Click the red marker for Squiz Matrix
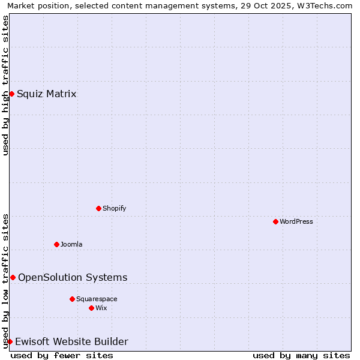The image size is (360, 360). click(11, 94)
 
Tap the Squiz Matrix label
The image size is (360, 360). click(46, 94)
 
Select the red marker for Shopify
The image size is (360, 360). click(98, 208)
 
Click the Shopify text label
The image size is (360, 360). click(114, 208)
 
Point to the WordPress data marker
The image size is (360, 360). click(275, 221)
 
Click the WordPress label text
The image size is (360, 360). click(296, 221)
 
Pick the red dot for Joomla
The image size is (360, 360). click(56, 244)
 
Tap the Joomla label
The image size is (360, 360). click(71, 244)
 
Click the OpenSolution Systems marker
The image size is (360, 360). click(13, 277)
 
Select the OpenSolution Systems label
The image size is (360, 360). click(73, 277)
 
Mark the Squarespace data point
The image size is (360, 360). click(72, 299)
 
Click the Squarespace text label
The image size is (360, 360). click(97, 299)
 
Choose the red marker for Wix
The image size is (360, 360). click(91, 308)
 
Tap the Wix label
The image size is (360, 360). click(101, 308)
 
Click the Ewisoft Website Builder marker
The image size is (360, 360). click(10, 341)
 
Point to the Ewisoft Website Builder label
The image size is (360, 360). click(71, 341)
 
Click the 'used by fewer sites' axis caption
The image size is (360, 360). click(62, 355)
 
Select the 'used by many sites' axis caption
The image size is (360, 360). click(301, 355)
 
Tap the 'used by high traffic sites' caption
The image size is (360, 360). click(5, 85)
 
